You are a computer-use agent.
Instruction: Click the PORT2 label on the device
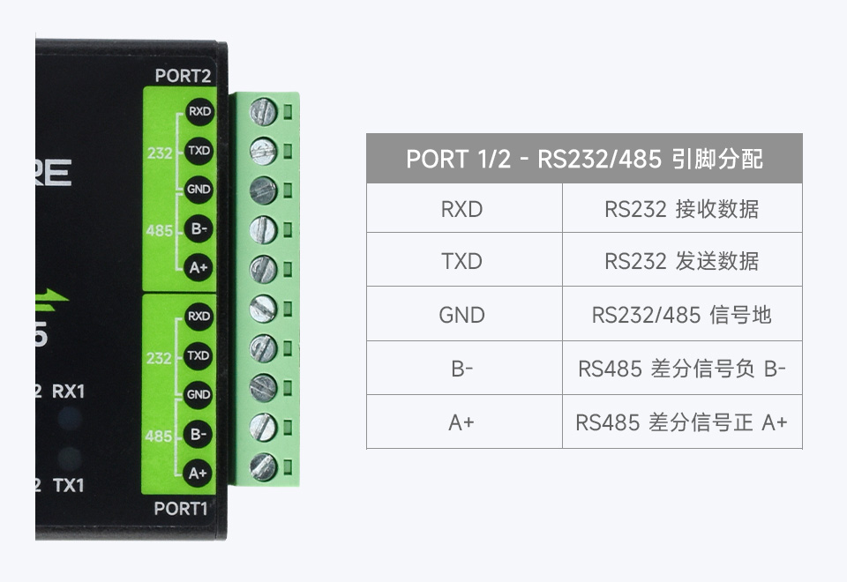point(183,76)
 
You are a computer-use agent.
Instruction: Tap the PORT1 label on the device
point(181,508)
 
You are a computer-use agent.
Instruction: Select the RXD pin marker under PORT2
point(199,112)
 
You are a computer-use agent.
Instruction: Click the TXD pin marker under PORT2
point(199,151)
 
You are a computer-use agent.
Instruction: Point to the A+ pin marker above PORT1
point(199,473)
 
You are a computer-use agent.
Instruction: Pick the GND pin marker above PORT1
point(199,395)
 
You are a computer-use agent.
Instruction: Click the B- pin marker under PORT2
point(199,229)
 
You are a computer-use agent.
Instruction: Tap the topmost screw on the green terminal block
point(263,112)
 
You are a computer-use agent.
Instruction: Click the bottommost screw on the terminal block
point(263,466)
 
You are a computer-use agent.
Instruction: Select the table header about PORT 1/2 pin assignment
point(584,159)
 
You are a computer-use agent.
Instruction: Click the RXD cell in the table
point(462,209)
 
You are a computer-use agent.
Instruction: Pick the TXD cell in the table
point(462,261)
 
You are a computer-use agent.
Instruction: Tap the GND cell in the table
point(462,314)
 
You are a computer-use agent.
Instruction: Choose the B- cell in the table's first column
point(462,369)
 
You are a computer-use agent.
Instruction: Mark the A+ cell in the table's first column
point(462,422)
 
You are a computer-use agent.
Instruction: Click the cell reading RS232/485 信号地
point(681,314)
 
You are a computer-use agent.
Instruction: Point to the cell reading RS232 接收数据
point(681,209)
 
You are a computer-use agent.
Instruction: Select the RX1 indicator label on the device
point(69,391)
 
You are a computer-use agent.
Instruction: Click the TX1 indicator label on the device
point(69,485)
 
